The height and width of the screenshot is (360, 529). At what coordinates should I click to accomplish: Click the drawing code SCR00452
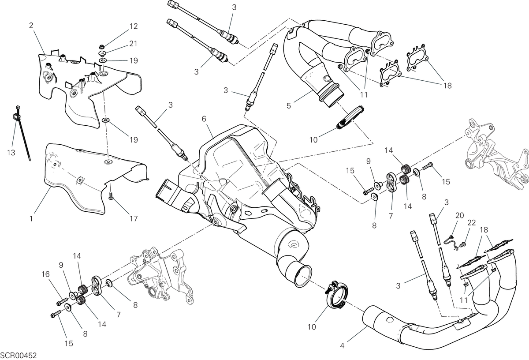[x=19, y=355]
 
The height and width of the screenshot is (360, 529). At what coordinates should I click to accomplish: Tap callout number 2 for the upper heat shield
[x=31, y=26]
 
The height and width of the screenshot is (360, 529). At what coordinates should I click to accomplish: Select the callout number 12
[x=134, y=26]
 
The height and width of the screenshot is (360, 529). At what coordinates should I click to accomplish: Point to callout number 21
[x=134, y=44]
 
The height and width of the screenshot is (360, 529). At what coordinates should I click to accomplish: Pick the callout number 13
[x=11, y=153]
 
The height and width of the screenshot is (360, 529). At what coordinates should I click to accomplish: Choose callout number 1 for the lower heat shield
[x=31, y=219]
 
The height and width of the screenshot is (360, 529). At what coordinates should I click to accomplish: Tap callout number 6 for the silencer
[x=204, y=119]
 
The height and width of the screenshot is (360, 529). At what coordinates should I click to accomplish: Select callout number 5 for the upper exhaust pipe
[x=289, y=105]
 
